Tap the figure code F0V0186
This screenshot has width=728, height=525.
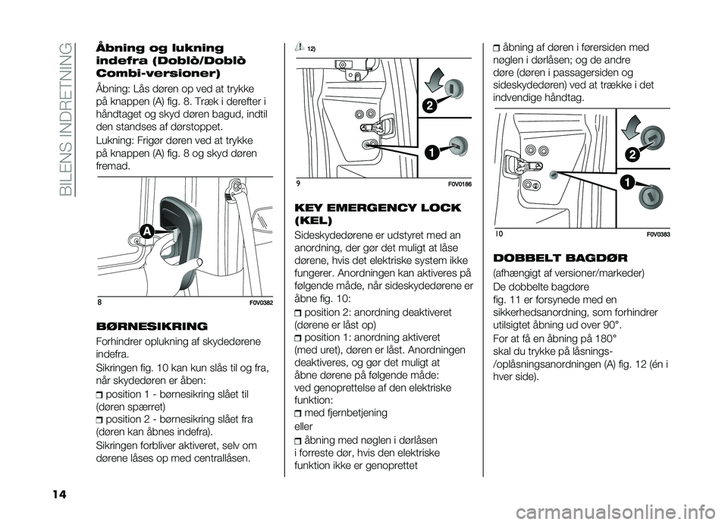click(440, 184)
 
